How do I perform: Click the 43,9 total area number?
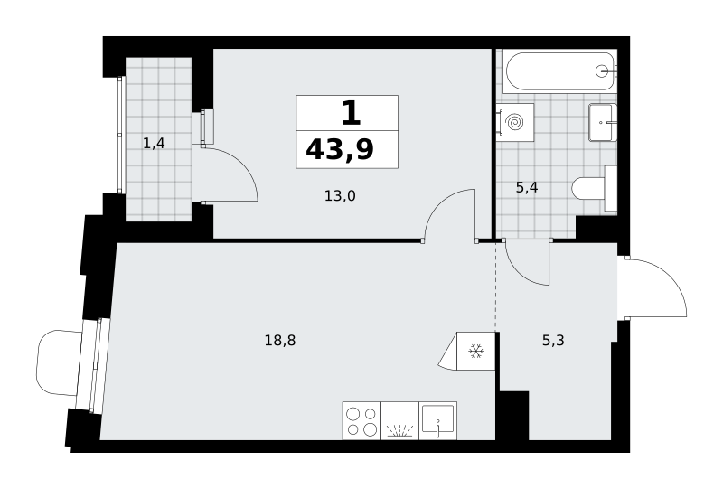[x=340, y=150]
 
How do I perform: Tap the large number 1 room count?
[x=351, y=113]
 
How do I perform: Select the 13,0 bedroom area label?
[x=340, y=196]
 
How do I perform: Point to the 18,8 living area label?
[x=280, y=341]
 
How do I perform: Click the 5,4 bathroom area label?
[x=527, y=188]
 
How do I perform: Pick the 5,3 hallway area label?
[x=553, y=341]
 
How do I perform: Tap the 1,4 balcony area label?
[x=154, y=144]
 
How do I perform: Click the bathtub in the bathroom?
[x=560, y=71]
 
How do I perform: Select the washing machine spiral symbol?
[x=514, y=123]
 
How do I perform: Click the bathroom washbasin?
[x=602, y=123]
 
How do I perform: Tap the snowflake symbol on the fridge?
[x=476, y=352]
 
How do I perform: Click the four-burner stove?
[x=361, y=421]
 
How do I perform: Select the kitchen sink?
[x=437, y=421]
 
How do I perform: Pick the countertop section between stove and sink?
[x=399, y=421]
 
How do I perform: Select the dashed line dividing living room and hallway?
[x=496, y=286]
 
